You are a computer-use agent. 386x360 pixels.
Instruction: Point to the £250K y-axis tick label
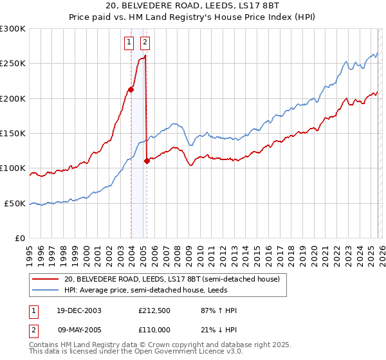pos(13,64)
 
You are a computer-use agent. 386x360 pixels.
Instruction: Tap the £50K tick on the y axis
pos(15,204)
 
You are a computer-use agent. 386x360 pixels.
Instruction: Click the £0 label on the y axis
pos(21,239)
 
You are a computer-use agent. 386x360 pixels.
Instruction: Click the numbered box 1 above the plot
pos(129,43)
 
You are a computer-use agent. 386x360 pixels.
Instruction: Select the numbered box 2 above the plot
pos(145,43)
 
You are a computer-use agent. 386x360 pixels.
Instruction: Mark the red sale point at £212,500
pos(131,89)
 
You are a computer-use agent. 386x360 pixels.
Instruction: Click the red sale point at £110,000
pos(147,161)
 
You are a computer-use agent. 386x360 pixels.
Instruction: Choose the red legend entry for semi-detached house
pos(172,280)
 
